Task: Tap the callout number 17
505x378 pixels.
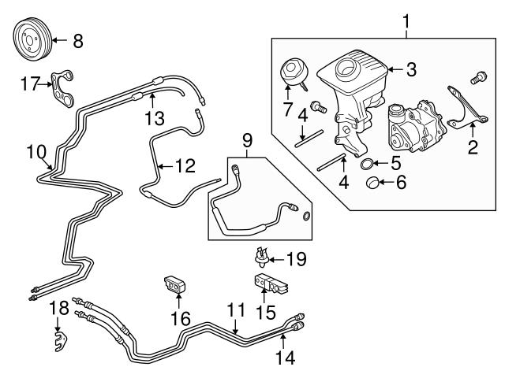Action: [29, 82]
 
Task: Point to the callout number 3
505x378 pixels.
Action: [410, 69]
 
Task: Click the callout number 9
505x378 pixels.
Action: [247, 143]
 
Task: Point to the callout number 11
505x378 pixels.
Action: [233, 313]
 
